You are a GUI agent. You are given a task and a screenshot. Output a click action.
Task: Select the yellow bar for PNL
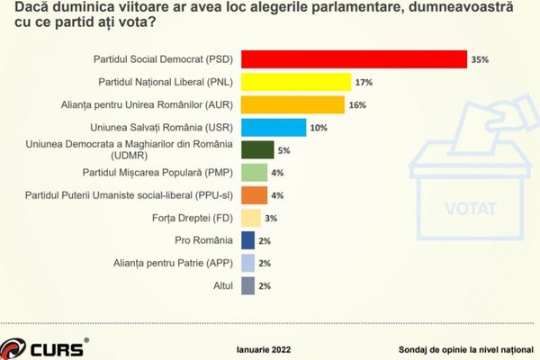(296, 82)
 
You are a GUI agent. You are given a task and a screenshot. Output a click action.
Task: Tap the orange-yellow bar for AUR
(293, 105)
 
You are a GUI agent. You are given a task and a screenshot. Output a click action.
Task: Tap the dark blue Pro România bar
(248, 240)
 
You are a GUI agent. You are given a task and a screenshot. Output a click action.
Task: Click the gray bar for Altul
(248, 285)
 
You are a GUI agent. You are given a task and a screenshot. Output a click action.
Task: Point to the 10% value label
(319, 128)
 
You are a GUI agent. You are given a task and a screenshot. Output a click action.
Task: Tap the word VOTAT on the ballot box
(470, 209)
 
